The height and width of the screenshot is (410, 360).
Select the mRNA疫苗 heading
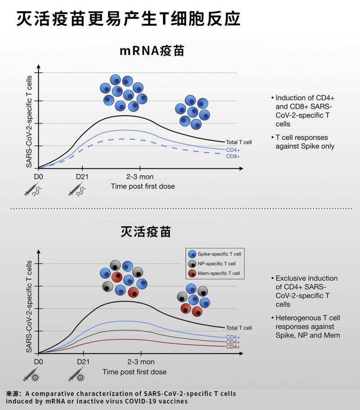(152, 51)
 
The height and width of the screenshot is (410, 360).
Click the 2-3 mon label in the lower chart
(141, 362)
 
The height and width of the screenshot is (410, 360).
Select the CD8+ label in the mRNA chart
(233, 156)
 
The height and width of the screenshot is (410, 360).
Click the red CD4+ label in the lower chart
(233, 347)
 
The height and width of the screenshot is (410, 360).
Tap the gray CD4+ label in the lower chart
(233, 342)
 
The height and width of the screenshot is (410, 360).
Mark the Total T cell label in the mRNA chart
(238, 142)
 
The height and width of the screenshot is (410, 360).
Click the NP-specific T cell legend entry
(214, 264)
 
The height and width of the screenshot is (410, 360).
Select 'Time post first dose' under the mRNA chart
(143, 186)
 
